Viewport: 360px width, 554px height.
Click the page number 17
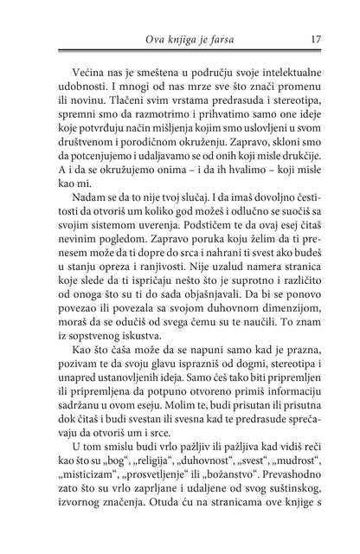pos(317,38)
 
